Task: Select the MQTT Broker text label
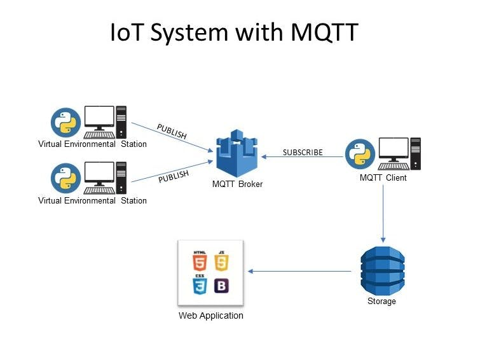237,184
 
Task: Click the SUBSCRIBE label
303,153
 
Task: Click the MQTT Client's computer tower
415,153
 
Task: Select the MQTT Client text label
383,178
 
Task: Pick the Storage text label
381,301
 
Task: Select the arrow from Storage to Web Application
299,272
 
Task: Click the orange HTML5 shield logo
200,261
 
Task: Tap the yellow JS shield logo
221,261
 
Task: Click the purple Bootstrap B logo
221,286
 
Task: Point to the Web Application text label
210,315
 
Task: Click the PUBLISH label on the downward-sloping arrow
172,132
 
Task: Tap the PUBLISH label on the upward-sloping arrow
174,176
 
